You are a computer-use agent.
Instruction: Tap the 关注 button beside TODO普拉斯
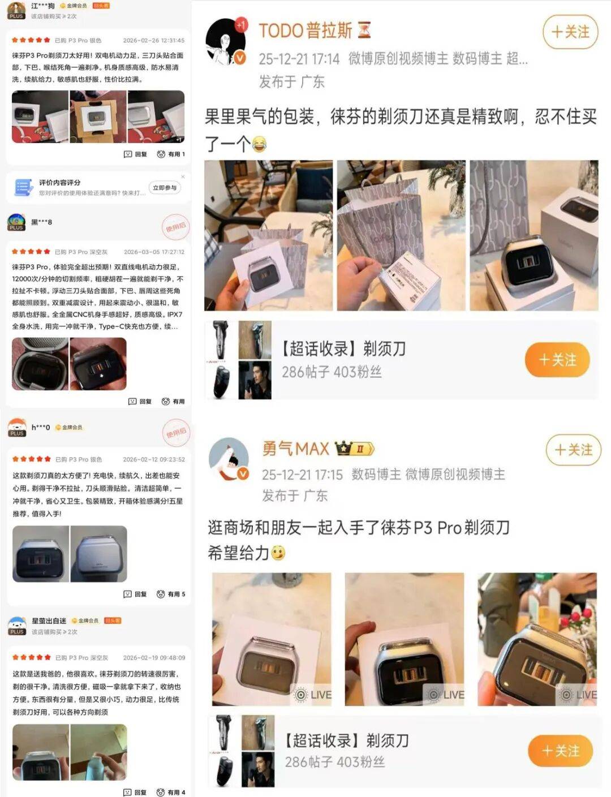pos(570,32)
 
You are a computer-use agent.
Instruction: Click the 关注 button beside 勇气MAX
pos(573,450)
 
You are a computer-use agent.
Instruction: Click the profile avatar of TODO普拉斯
pos(226,42)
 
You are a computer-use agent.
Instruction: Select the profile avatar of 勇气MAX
pos(229,459)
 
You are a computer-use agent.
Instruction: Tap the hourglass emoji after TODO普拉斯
pos(365,30)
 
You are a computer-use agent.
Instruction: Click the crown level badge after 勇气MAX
pos(354,449)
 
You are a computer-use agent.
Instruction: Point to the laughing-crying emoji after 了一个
pos(259,144)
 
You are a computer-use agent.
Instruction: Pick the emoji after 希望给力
pos(278,553)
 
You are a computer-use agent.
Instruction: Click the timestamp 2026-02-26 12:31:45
pos(153,41)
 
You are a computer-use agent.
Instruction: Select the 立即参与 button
pos(165,188)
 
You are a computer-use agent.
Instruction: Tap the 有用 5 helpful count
pos(171,594)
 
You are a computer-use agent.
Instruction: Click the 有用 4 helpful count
pos(171,792)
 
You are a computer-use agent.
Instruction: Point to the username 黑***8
pos(41,222)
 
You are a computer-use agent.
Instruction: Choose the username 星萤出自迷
pos(49,621)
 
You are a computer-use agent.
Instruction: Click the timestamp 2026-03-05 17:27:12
pos(154,252)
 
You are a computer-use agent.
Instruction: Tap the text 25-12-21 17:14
pos(299,59)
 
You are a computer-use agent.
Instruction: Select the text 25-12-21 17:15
pos(302,475)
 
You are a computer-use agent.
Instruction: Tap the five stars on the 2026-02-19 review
pos(32,657)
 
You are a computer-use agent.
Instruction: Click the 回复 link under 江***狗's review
pos(136,154)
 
